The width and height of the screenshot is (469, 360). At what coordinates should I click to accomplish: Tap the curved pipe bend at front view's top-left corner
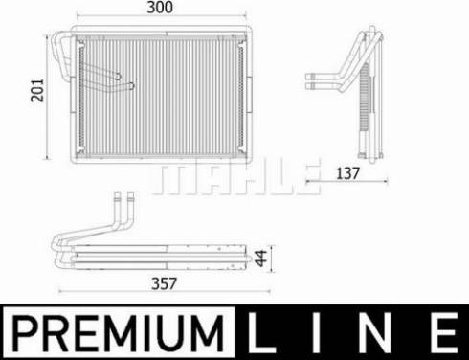pyautogui.click(x=59, y=39)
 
